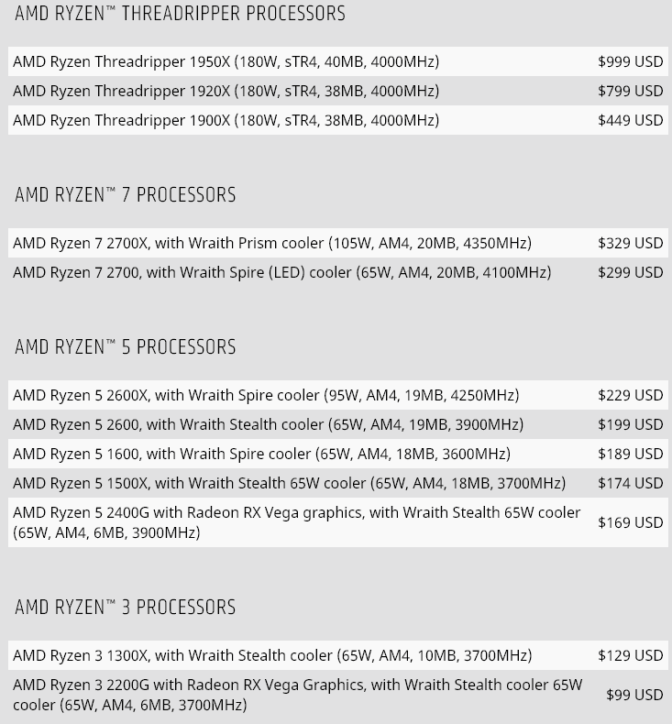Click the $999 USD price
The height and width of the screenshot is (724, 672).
(x=630, y=61)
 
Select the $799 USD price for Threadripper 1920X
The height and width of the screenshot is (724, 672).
(x=630, y=91)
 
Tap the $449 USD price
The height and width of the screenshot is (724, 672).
(x=630, y=120)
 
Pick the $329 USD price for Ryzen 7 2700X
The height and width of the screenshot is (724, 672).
(x=630, y=243)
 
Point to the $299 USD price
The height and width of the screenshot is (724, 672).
(x=630, y=272)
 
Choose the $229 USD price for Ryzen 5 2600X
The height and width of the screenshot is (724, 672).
(x=630, y=395)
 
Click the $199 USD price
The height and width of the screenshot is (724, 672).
(x=630, y=424)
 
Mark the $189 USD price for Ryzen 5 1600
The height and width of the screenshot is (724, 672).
(x=630, y=454)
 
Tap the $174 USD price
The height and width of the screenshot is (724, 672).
(x=630, y=483)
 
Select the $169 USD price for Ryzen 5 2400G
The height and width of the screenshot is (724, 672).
(x=630, y=522)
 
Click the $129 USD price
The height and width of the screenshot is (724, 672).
(x=630, y=655)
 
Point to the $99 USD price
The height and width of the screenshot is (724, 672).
(x=634, y=695)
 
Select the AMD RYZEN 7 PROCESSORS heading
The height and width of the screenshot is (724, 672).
(x=126, y=195)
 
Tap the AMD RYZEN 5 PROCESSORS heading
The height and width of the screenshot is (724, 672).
(x=126, y=347)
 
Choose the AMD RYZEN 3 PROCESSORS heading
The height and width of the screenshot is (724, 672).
(x=126, y=608)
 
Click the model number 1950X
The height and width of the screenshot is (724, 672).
(x=209, y=61)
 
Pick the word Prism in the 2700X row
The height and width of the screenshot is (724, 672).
(x=258, y=243)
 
